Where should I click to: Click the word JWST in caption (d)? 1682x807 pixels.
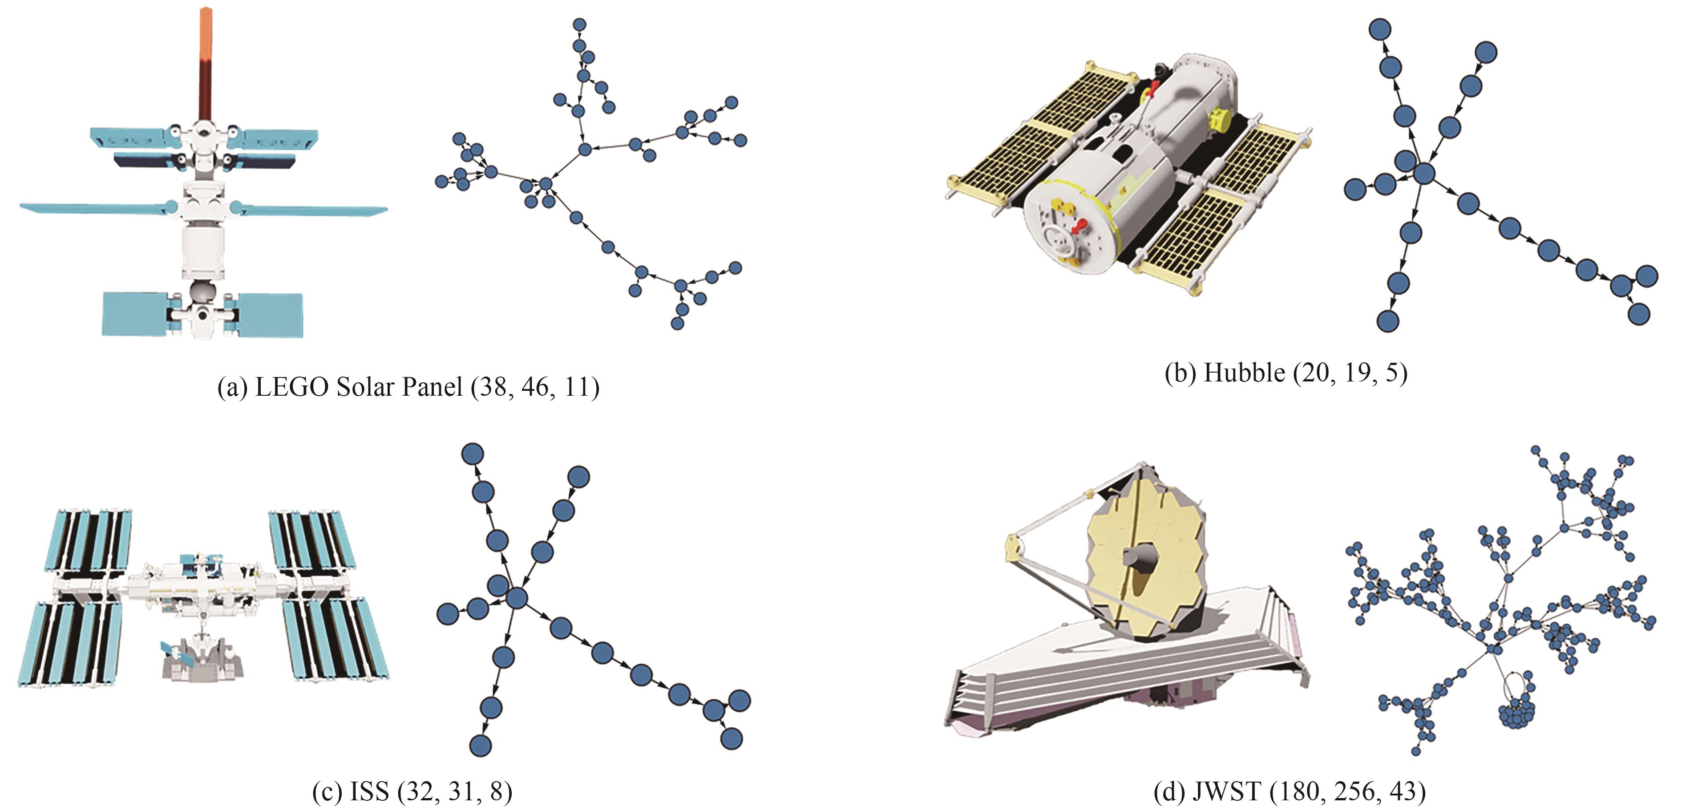pos(1226,792)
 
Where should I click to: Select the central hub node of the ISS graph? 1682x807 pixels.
pos(517,597)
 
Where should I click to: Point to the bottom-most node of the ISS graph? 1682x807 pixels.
pos(480,745)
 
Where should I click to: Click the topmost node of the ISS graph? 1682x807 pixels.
pos(472,453)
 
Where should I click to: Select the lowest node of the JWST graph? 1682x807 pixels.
pos(1415,751)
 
